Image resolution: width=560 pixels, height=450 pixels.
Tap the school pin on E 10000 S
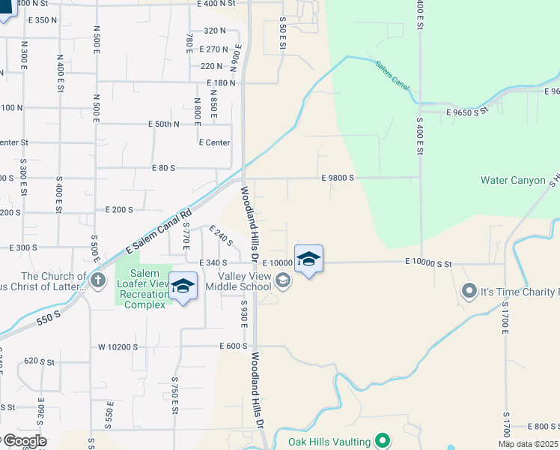(308, 259)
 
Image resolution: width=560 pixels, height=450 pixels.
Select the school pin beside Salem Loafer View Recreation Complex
(183, 286)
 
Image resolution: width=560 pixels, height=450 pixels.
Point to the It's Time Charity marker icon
(469, 290)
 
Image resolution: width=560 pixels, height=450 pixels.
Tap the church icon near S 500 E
(97, 280)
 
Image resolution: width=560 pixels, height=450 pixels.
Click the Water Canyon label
(513, 180)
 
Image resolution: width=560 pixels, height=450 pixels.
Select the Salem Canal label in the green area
(393, 76)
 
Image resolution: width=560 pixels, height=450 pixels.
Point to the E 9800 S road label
(337, 178)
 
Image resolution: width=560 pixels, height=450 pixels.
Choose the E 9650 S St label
(466, 110)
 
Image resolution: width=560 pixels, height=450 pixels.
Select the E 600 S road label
(234, 346)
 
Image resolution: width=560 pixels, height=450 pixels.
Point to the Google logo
(24, 441)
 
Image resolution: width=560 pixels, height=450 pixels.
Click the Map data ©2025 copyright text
(527, 444)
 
